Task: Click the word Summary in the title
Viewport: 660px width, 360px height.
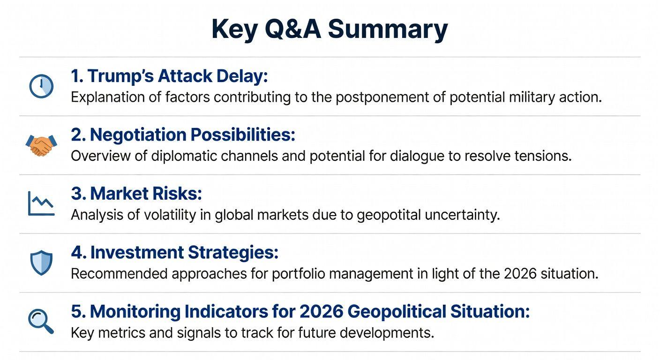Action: (x=388, y=30)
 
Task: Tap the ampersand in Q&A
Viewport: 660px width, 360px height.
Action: (x=295, y=29)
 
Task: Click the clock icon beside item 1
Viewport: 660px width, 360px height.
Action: (x=41, y=86)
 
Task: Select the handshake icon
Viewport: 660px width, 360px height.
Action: (x=41, y=145)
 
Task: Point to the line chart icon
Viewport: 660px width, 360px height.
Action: (x=41, y=203)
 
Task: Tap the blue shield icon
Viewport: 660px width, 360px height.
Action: (x=41, y=263)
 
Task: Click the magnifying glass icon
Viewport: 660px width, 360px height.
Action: (x=41, y=322)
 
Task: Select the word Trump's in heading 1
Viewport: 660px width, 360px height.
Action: (x=120, y=76)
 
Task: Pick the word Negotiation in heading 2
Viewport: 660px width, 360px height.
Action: (x=138, y=135)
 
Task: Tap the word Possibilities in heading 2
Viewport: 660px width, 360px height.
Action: (x=243, y=135)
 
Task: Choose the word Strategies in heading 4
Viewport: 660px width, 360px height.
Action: (x=233, y=253)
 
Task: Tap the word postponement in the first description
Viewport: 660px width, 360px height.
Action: (x=382, y=97)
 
